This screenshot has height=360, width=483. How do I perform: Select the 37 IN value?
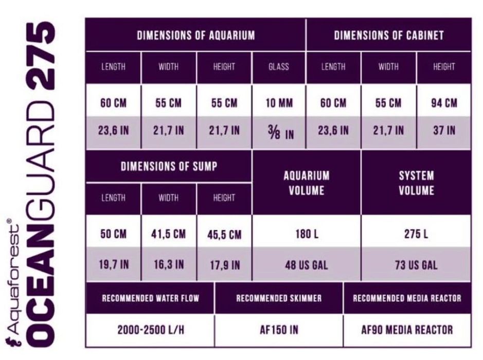point(444,130)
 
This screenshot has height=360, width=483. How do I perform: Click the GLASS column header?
point(279,67)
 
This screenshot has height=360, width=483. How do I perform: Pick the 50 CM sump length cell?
point(113,235)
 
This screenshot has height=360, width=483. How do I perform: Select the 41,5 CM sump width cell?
point(168,235)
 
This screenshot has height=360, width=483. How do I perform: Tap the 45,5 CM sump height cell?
point(224,235)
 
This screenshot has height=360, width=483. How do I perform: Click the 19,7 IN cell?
point(113,265)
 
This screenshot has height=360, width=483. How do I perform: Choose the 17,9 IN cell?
point(224,265)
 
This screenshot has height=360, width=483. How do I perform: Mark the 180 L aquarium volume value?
point(307,235)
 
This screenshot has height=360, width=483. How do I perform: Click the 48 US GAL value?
point(307,265)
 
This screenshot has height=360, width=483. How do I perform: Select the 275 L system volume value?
point(416,235)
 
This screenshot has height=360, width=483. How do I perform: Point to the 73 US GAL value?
point(416,265)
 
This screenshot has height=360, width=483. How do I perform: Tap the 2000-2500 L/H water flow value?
point(150,330)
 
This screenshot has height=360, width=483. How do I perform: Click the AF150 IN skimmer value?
point(279,330)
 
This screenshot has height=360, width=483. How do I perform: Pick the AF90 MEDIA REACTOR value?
point(407,330)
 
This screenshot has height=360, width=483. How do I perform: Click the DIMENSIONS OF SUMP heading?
point(169,166)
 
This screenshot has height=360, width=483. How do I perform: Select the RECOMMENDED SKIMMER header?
point(279,298)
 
